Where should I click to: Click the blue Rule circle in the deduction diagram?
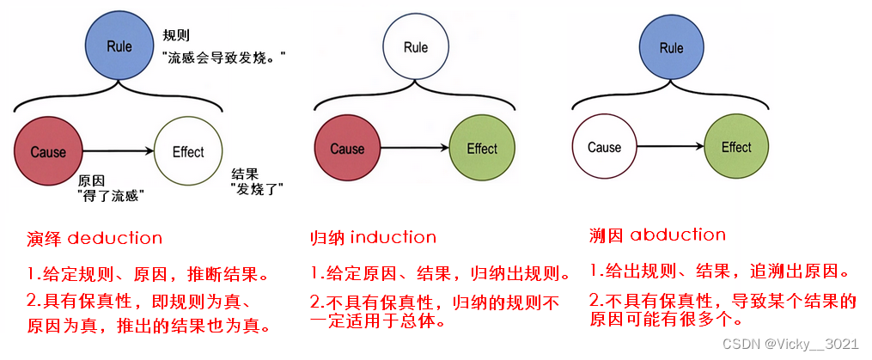pyautogui.click(x=119, y=46)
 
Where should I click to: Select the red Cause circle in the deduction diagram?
pyautogui.click(x=48, y=152)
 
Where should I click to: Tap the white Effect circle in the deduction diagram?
pyautogui.click(x=188, y=152)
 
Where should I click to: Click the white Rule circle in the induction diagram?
pyautogui.click(x=416, y=46)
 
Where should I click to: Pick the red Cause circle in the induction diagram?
pyautogui.click(x=347, y=149)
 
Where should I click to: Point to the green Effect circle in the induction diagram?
pyautogui.click(x=482, y=149)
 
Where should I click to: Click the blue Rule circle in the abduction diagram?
pyautogui.click(x=671, y=48)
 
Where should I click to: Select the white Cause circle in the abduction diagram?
pyautogui.click(x=604, y=148)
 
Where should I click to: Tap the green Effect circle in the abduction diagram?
pyautogui.click(x=736, y=148)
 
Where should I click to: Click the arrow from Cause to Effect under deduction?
pyautogui.click(x=119, y=152)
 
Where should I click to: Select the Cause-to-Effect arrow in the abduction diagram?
pyautogui.click(x=670, y=148)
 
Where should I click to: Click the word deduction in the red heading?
pyautogui.click(x=114, y=238)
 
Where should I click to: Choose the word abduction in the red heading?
pyautogui.click(x=678, y=235)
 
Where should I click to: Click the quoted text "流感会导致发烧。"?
pyautogui.click(x=223, y=57)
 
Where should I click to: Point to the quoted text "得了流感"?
pyautogui.click(x=111, y=196)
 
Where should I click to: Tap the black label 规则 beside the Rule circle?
pyautogui.click(x=177, y=36)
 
